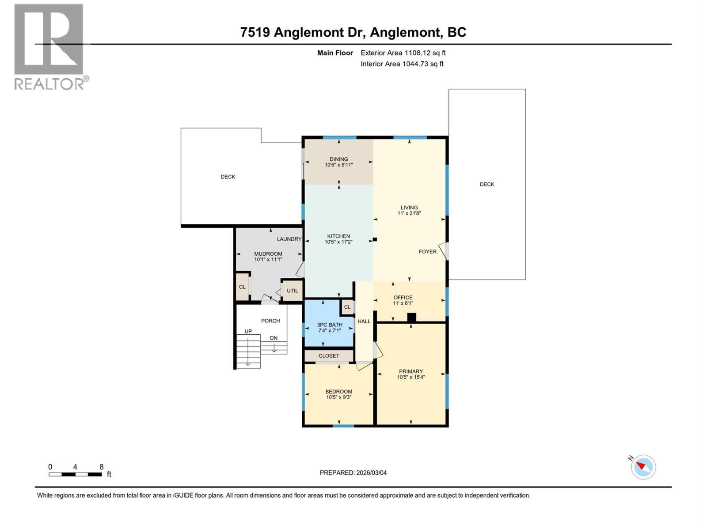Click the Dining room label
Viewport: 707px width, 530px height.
[x=338, y=159]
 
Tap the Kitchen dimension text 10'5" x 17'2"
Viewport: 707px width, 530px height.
[x=338, y=242]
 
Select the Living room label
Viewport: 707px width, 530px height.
[x=409, y=207]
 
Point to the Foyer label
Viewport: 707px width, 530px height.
[x=427, y=251]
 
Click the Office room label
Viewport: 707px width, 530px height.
[x=403, y=297]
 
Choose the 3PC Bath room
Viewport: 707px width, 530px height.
[x=329, y=327]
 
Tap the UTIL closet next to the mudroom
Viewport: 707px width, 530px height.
[x=292, y=291]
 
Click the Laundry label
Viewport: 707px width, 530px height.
[x=289, y=239]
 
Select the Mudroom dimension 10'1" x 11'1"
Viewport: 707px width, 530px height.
[x=268, y=260]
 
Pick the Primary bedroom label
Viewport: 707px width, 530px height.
[x=411, y=371]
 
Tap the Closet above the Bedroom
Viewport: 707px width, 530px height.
[x=329, y=356]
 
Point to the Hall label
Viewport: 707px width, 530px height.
[x=364, y=321]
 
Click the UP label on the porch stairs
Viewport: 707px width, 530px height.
[x=248, y=331]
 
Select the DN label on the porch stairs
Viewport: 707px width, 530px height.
[x=274, y=338]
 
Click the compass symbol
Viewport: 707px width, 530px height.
[x=643, y=467]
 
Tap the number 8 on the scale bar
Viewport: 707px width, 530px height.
[x=101, y=467]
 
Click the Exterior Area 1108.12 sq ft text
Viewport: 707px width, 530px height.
[x=403, y=53]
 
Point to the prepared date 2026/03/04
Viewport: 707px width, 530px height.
[x=370, y=473]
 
